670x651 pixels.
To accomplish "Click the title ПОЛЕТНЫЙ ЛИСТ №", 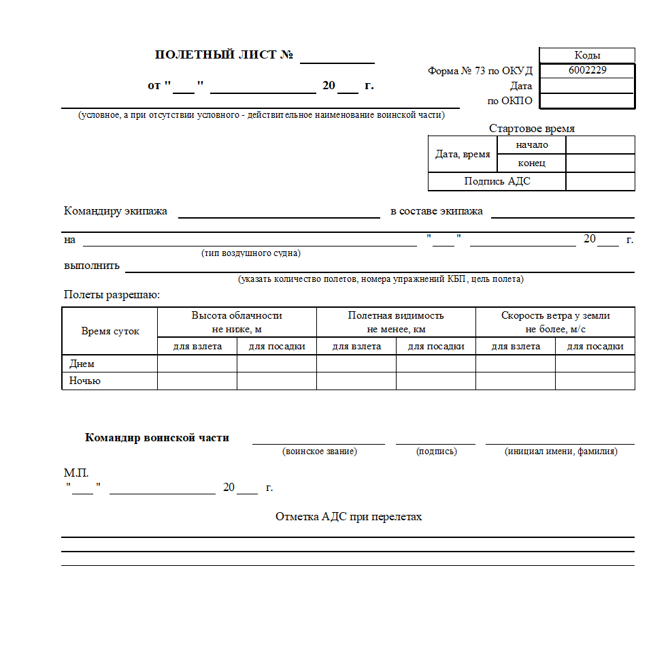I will point(224,55).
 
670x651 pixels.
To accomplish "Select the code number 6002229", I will point(587,69).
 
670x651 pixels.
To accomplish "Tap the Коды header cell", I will point(587,56).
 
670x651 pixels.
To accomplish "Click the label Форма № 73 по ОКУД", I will point(480,71).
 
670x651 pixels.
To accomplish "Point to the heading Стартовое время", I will point(531,129).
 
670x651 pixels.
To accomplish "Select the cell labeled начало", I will point(531,145).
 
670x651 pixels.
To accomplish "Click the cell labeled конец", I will point(531,163).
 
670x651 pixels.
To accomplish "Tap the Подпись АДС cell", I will point(497,181).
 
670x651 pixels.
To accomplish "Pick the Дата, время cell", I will point(463,155).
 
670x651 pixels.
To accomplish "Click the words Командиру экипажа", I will point(115,211).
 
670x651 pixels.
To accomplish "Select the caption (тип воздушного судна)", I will point(250,253).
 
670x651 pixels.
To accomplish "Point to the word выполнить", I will point(91,266).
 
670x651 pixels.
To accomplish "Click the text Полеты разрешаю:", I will point(112,295).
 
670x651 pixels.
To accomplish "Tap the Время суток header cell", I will point(110,331).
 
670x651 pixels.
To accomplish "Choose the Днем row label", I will point(82,364).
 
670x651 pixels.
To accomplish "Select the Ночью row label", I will point(84,381).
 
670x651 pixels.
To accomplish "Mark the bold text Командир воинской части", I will point(156,438).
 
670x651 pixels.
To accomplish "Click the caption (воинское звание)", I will point(319,451).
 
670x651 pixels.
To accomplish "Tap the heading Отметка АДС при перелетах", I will point(348,517).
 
